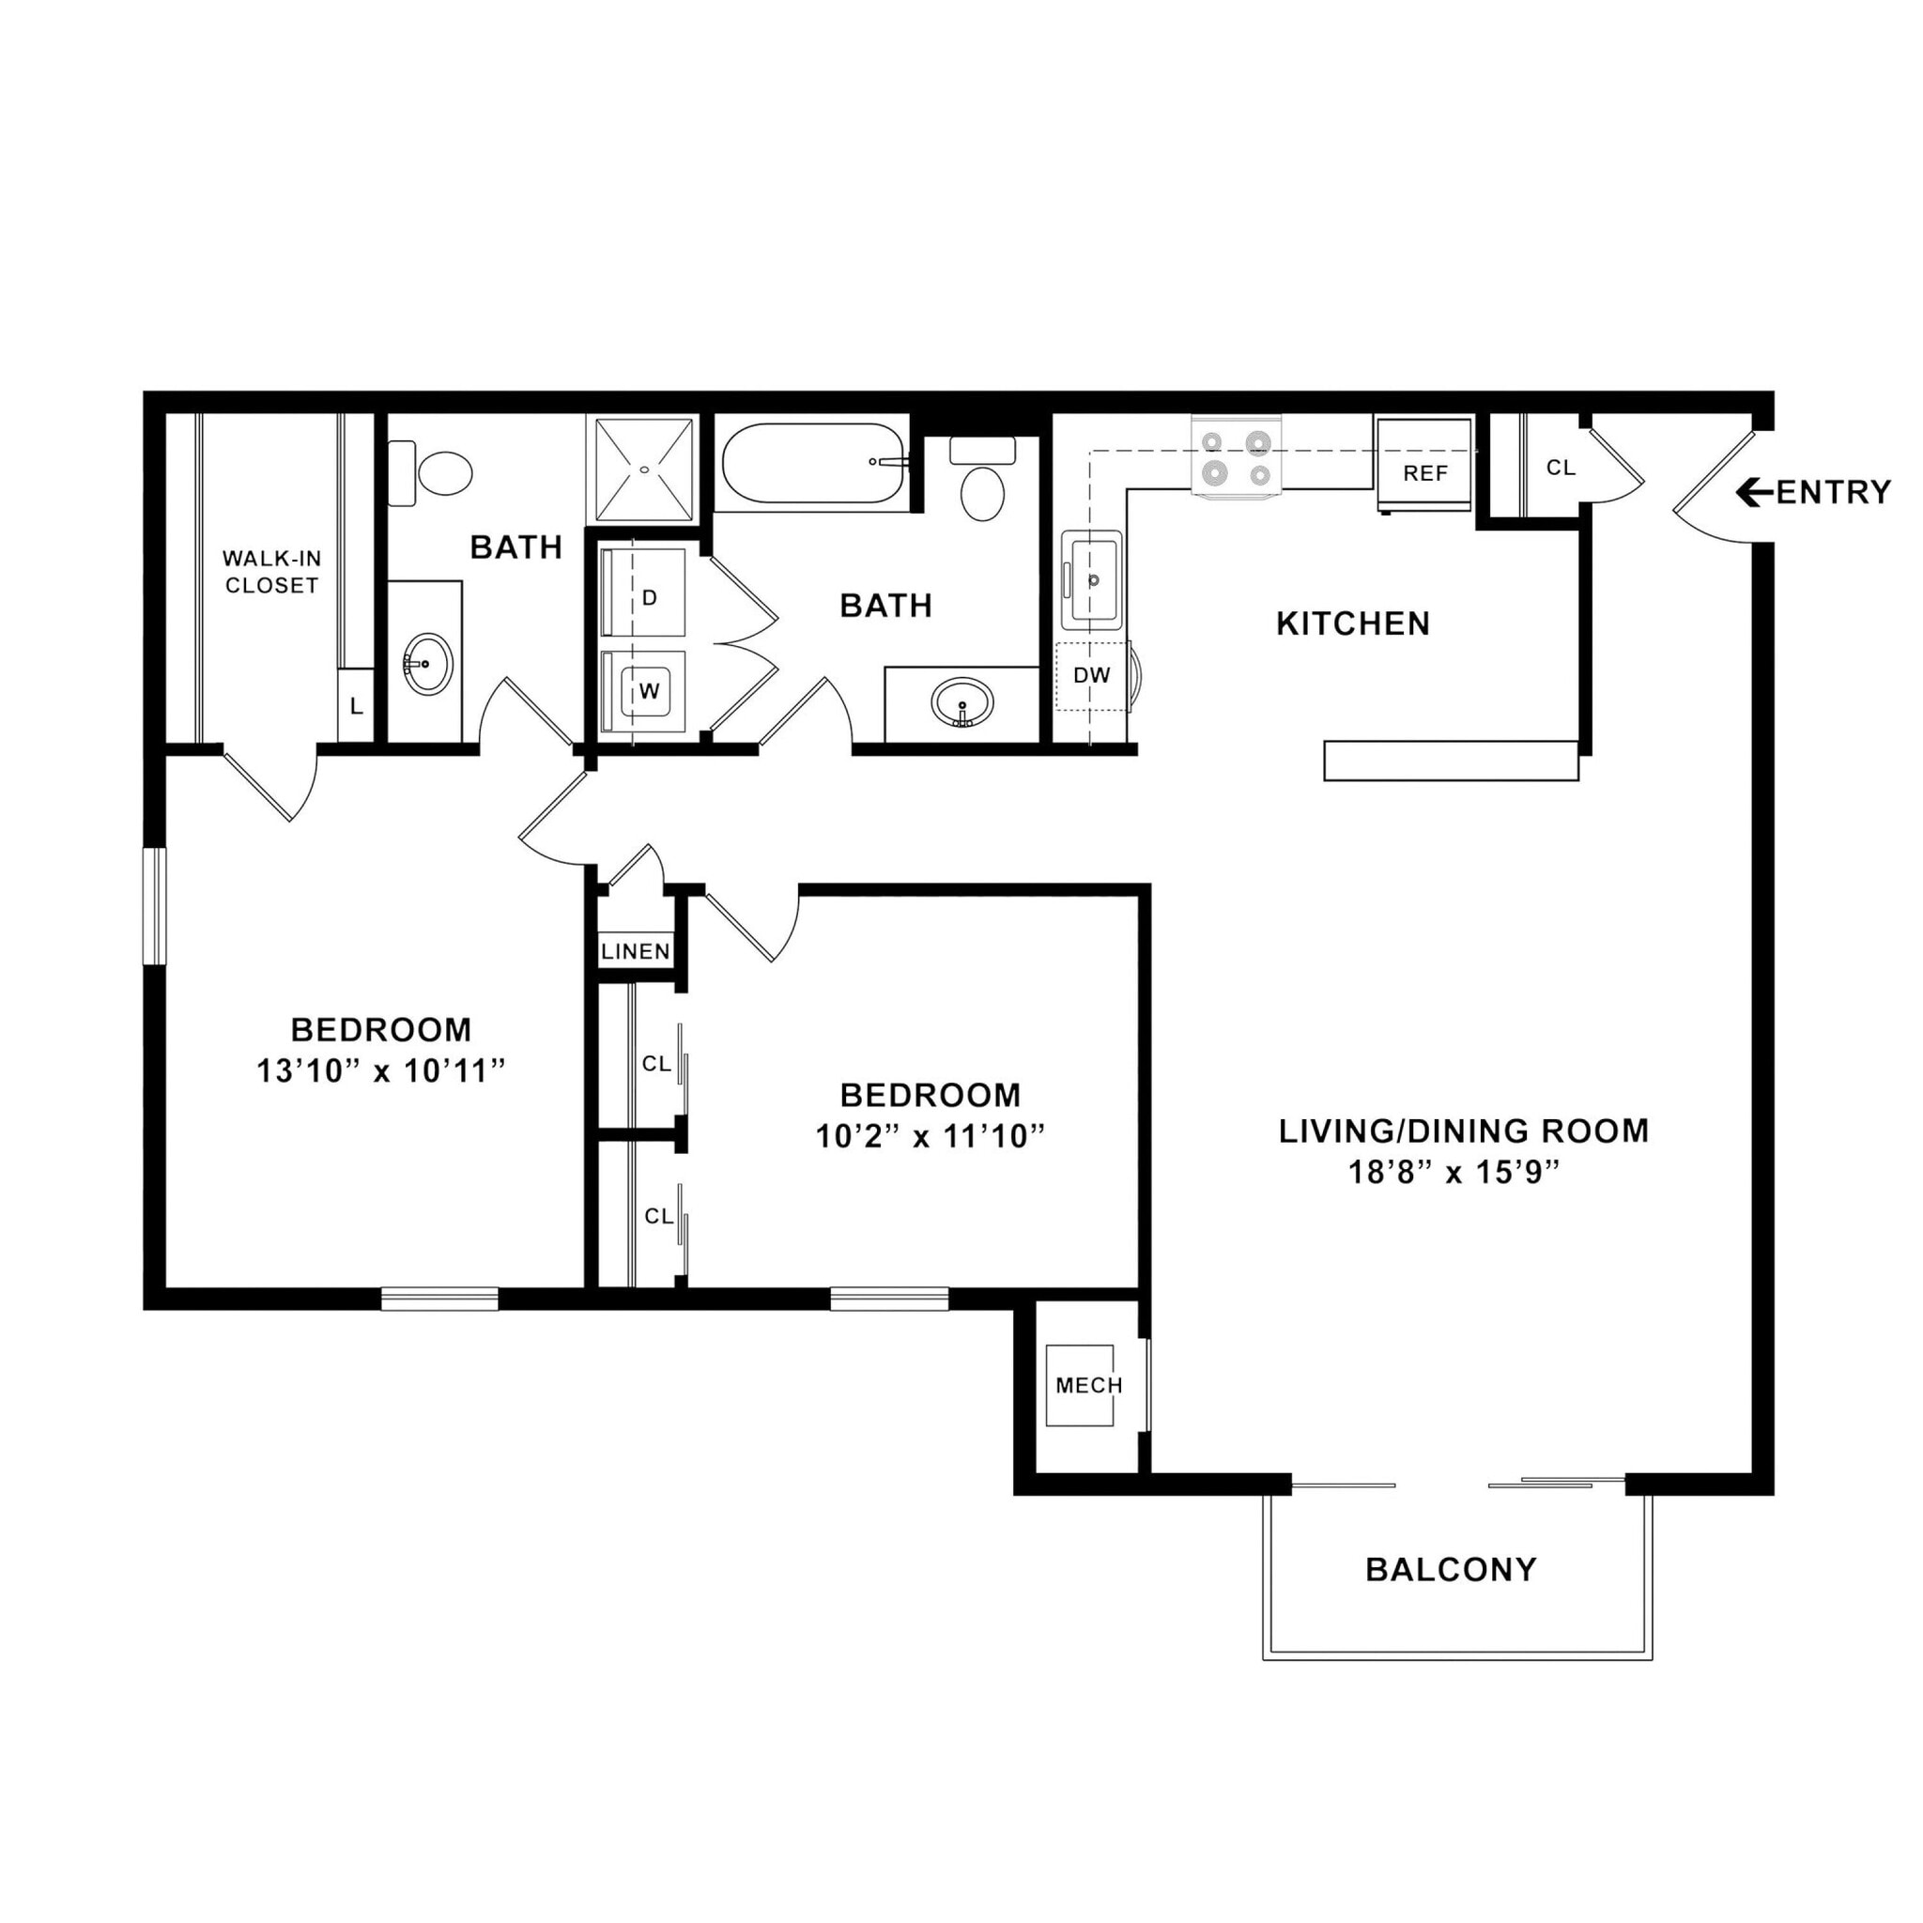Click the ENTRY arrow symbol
1753,492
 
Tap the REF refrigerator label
1424,473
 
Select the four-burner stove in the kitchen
1237,458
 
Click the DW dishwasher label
1091,675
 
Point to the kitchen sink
1092,580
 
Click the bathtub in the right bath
813,463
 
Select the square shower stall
644,469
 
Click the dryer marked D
644,592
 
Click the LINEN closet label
636,950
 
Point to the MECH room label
1089,1386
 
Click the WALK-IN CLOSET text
271,573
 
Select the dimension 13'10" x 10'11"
381,1072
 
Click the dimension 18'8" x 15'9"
1454,1173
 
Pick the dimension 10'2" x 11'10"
930,1137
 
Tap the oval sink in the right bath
961,701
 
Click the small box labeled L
355,707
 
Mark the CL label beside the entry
1561,468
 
